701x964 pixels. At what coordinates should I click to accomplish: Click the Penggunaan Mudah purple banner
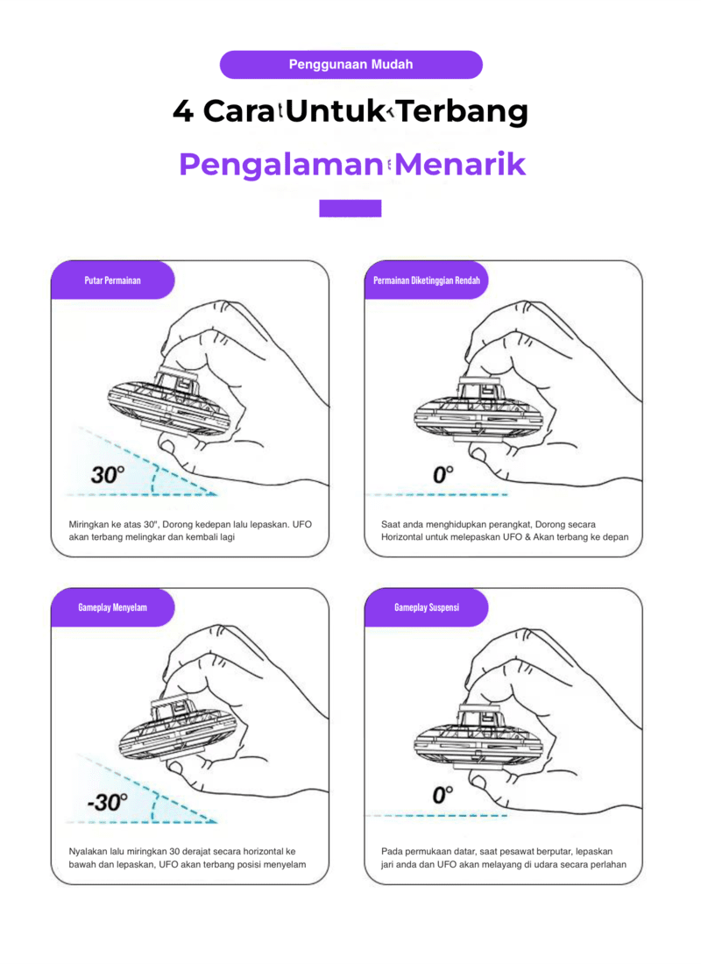(x=350, y=65)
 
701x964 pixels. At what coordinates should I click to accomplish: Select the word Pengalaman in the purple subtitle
(x=281, y=165)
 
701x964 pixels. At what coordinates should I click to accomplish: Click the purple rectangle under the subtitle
(x=350, y=209)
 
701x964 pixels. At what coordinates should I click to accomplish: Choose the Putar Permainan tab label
(x=112, y=280)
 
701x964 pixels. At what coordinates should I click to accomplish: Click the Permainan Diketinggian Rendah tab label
(x=427, y=280)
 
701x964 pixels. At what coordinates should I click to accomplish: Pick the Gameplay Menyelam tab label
(x=112, y=607)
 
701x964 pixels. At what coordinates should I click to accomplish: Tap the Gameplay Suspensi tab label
(x=427, y=607)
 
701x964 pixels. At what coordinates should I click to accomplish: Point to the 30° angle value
(x=108, y=475)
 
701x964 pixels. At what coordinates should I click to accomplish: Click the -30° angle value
(x=108, y=802)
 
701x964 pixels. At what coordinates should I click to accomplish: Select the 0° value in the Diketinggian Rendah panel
(x=443, y=474)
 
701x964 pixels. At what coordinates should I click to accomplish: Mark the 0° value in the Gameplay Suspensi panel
(x=443, y=794)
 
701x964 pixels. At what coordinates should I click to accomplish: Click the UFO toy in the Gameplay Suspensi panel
(x=478, y=732)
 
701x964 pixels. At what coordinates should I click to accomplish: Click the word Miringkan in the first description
(x=89, y=525)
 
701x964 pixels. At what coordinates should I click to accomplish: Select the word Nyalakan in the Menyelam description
(x=88, y=852)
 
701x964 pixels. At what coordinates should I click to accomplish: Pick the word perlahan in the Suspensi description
(x=608, y=865)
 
